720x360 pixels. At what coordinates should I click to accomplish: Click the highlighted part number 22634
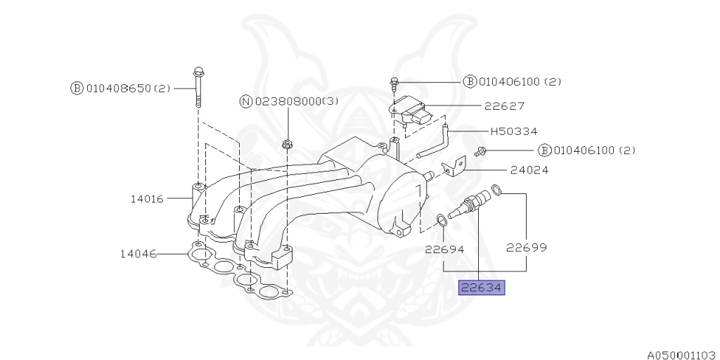point(482,287)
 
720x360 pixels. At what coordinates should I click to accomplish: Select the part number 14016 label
point(146,199)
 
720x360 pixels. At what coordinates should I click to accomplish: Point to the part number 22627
point(504,106)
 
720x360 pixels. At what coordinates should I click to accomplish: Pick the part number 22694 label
point(444,248)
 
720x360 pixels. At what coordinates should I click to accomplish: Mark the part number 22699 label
point(527,247)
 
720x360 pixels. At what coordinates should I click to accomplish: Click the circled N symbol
point(246,101)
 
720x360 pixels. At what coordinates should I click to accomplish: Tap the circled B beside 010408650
point(76,89)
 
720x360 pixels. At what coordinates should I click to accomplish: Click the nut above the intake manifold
point(287,145)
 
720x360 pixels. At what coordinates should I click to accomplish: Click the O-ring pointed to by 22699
point(496,189)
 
